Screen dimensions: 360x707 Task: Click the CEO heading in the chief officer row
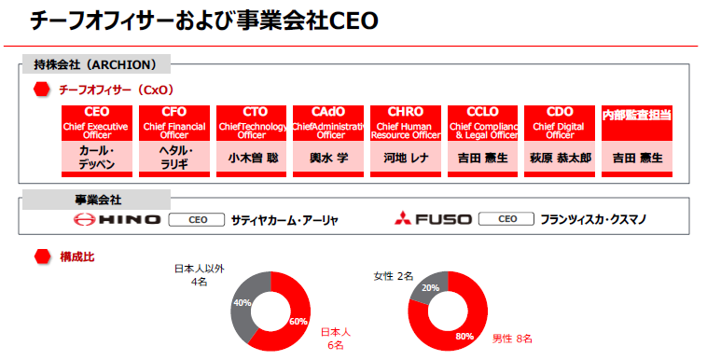click(96, 112)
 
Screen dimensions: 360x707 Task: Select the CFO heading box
click(173, 112)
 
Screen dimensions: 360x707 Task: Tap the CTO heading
click(253, 112)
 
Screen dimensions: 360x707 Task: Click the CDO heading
click(560, 112)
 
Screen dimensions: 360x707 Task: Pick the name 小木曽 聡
click(253, 159)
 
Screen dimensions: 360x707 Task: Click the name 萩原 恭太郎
click(560, 159)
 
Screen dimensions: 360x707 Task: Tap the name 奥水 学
click(328, 159)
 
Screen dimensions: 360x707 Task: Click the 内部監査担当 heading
click(637, 115)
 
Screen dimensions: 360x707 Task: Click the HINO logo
click(116, 220)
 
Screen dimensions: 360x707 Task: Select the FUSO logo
click(430, 220)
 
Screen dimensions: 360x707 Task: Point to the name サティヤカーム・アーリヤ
click(284, 221)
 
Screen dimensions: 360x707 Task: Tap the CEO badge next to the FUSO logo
click(506, 220)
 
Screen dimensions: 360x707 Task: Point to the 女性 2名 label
click(394, 276)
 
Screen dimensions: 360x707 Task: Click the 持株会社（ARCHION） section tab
click(95, 65)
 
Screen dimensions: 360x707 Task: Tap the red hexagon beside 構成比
click(41, 256)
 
